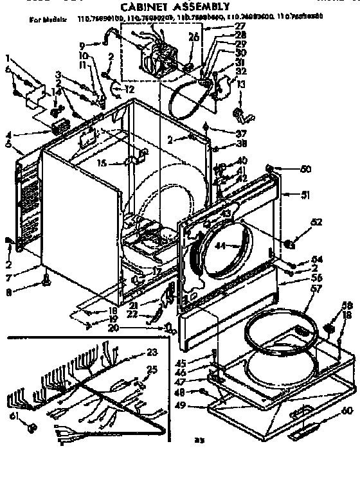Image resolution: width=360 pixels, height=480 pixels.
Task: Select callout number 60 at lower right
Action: pos(347,410)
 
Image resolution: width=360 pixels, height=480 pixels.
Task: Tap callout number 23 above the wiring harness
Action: pos(152,351)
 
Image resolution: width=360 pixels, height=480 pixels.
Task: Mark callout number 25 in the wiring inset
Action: pos(152,369)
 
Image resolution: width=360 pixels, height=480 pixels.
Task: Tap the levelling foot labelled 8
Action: pos(46,278)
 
